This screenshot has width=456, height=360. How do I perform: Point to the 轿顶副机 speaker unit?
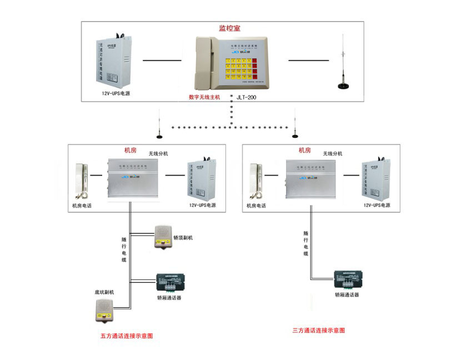pyautogui.click(x=163, y=236)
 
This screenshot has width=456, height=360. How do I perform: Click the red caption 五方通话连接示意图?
pyautogui.click(x=126, y=336)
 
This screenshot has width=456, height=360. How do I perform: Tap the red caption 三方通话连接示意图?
pyautogui.click(x=319, y=330)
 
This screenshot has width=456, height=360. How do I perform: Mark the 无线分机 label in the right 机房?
pyautogui.click(x=332, y=153)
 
